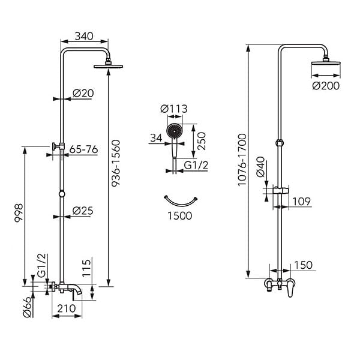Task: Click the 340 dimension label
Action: (84, 36)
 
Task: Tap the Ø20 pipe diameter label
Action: (83, 93)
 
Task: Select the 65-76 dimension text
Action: (83, 149)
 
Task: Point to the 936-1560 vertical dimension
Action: (116, 163)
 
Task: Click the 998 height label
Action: (19, 213)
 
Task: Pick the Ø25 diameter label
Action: (83, 211)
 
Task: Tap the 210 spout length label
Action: (67, 308)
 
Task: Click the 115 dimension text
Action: (86, 268)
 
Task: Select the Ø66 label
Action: (27, 307)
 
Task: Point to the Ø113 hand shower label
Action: (174, 109)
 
